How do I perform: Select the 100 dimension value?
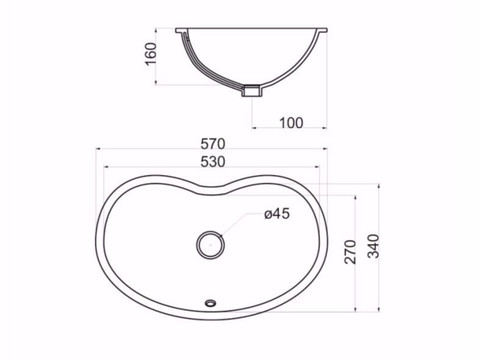click(x=291, y=122)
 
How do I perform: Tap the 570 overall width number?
click(x=213, y=144)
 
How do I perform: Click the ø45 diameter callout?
click(x=277, y=213)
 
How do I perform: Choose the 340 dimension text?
click(x=374, y=246)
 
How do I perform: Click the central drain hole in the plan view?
click(x=210, y=244)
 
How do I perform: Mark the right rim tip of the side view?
click(x=325, y=29)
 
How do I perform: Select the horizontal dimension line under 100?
click(x=289, y=128)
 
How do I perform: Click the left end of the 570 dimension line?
click(x=96, y=149)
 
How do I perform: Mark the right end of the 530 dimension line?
click(x=319, y=166)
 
